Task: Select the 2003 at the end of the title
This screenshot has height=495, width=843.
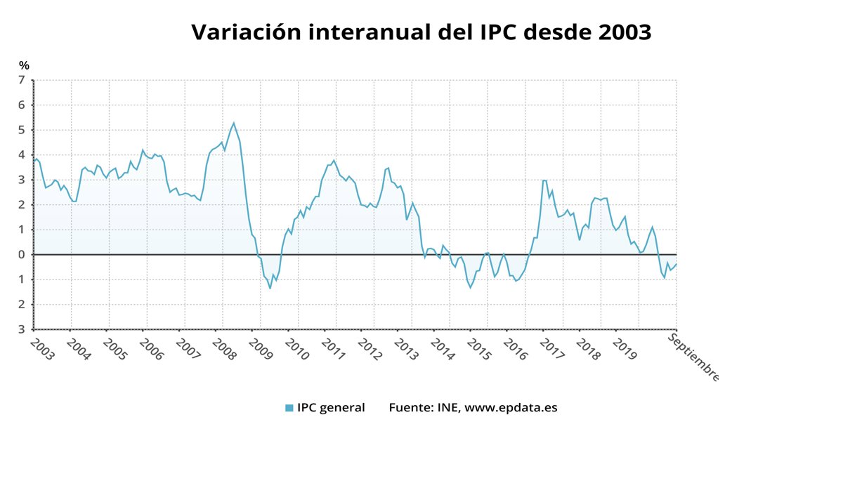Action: [x=622, y=32]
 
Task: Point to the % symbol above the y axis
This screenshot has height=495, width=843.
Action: [x=24, y=66]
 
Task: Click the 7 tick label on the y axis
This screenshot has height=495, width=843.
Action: [x=22, y=80]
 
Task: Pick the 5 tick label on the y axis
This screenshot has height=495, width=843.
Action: [x=22, y=130]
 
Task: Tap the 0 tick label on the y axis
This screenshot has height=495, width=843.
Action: [x=22, y=254]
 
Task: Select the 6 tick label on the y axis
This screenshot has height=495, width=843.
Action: [x=22, y=105]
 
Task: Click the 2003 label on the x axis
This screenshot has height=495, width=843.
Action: [x=41, y=349]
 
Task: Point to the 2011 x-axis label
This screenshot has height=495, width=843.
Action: [x=333, y=349]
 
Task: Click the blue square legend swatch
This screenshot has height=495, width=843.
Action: [x=289, y=408]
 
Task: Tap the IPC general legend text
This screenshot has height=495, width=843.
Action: [x=331, y=407]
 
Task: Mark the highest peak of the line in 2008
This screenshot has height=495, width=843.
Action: [x=234, y=123]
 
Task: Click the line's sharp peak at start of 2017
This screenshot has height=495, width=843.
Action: [x=544, y=180]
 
